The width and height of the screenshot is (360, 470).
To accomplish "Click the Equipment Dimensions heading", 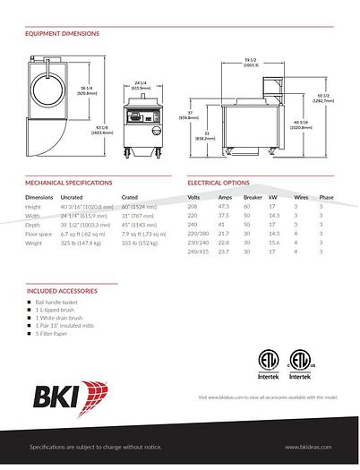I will click(x=62, y=34).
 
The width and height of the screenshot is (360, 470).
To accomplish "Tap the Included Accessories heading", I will click(x=62, y=291).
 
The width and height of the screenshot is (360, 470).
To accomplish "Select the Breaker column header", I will click(x=253, y=196).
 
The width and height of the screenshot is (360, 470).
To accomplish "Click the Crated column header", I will click(x=130, y=196).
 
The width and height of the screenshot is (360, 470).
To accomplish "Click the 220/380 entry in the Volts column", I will click(x=197, y=233).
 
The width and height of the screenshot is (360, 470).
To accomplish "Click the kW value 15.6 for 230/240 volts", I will click(x=273, y=242).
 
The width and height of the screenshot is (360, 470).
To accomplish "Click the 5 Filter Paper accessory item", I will click(x=54, y=334).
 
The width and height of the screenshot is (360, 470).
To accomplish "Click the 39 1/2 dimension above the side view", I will click(x=251, y=62).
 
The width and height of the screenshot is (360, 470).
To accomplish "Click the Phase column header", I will click(x=326, y=196).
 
